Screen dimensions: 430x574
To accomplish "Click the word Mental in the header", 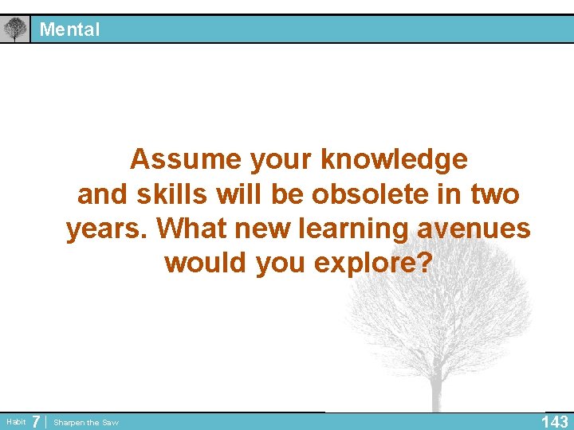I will [70, 29].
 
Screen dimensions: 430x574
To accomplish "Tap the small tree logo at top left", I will [14, 29].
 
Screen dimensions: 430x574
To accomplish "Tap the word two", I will [494, 193].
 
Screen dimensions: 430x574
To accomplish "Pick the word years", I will [107, 229].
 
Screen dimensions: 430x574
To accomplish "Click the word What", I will [190, 229].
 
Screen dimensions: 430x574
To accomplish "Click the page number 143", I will [554, 421].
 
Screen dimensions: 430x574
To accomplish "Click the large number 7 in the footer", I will [36, 421].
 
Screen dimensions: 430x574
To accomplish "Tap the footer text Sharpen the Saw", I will [86, 423].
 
